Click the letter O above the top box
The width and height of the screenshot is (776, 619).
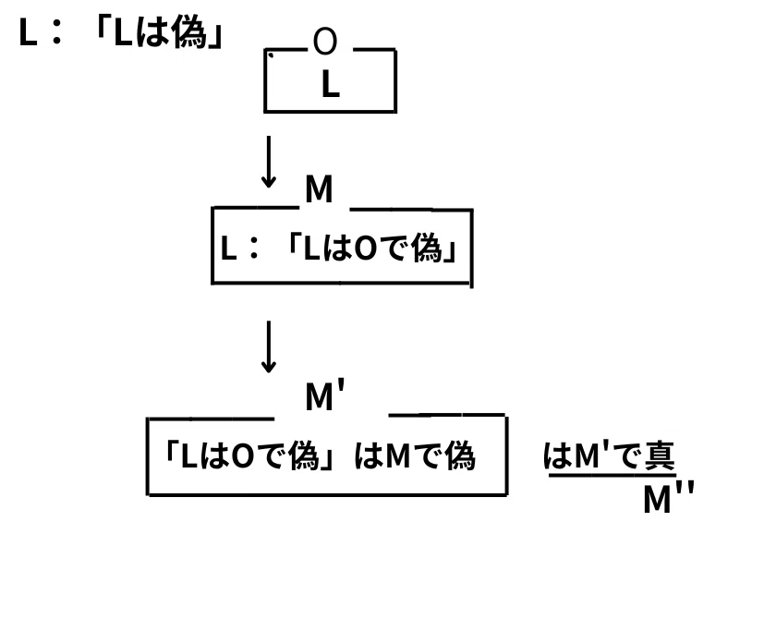tap(325, 41)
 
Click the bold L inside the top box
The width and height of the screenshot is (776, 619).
tap(330, 84)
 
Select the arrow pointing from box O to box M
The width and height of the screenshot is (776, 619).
tap(269, 162)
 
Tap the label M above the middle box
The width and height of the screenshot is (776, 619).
tap(319, 189)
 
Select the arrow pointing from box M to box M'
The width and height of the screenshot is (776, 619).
tap(269, 346)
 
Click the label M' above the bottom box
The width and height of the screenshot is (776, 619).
tap(324, 394)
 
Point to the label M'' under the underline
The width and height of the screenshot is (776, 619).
tap(669, 498)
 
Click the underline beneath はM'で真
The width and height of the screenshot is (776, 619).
tap(612, 476)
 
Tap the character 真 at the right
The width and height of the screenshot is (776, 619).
tap(660, 455)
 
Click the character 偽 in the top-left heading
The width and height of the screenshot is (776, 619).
tap(188, 32)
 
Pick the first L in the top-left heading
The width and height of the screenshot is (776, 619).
tap(28, 32)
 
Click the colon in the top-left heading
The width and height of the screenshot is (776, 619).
tap(56, 32)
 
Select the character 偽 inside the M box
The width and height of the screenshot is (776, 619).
tap(427, 248)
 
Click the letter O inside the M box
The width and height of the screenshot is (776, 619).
tap(366, 249)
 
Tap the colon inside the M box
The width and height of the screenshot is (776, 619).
tap(254, 248)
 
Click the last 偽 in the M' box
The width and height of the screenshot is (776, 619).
tap(460, 455)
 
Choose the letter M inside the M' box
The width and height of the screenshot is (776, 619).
tap(397, 456)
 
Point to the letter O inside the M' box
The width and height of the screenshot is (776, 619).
tap(242, 456)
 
